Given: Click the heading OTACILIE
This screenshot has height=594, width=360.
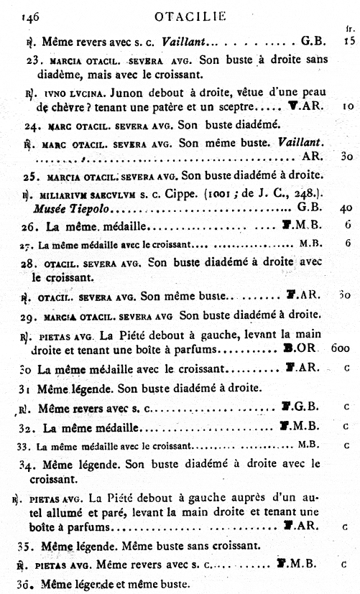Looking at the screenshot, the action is [190, 15].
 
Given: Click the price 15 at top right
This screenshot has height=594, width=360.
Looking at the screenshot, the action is [349, 41].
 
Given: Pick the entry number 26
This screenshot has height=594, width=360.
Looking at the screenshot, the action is [32, 226].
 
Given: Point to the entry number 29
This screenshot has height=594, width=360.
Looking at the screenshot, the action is [31, 315].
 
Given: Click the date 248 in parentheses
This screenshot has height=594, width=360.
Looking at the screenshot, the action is [309, 193].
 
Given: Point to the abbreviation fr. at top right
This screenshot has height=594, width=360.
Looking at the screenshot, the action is [349, 29].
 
